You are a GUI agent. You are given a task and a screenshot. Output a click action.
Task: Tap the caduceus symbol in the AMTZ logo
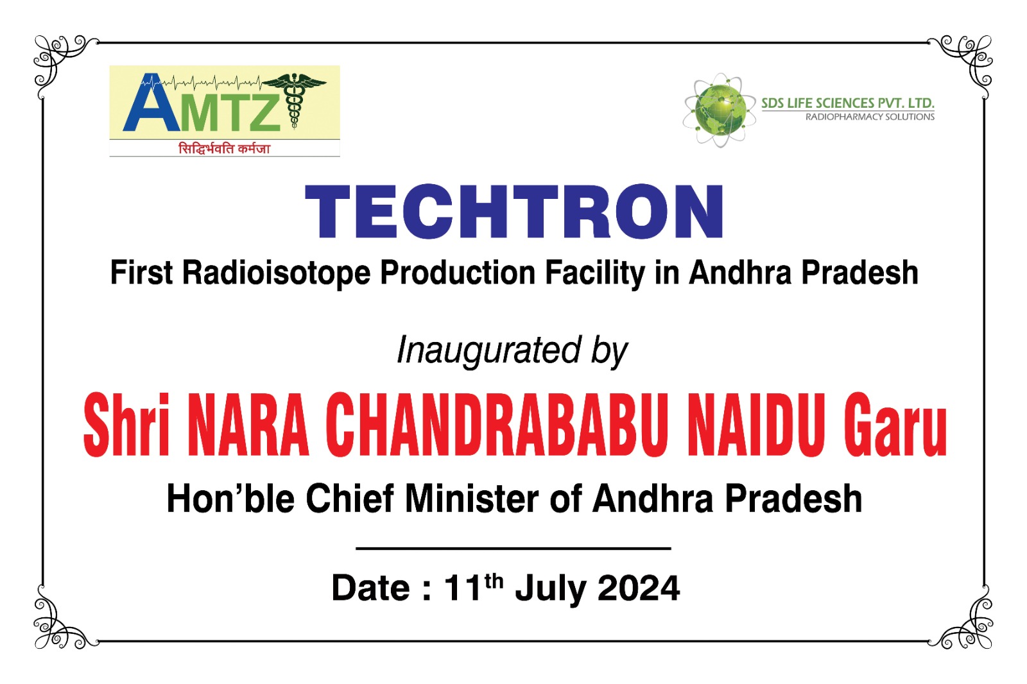click(293, 99)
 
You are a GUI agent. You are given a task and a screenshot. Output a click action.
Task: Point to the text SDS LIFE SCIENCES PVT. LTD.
click(848, 103)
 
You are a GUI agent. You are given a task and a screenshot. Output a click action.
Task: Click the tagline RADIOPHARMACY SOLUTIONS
click(870, 117)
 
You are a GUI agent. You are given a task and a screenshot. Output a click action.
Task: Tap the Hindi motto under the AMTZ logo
click(224, 148)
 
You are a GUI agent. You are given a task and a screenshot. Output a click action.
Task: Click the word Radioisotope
click(276, 273)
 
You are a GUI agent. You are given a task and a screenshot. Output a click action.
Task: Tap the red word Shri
click(126, 425)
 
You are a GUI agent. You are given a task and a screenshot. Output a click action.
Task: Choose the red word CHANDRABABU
click(497, 425)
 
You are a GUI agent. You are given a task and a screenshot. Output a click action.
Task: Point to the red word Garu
click(895, 425)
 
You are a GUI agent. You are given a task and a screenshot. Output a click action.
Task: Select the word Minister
click(472, 499)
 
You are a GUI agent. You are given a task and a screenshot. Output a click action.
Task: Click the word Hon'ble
click(230, 499)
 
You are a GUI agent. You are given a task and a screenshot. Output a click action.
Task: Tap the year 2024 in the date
click(639, 588)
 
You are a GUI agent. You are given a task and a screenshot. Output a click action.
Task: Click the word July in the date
click(551, 590)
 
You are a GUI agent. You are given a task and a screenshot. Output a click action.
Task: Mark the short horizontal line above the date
click(513, 549)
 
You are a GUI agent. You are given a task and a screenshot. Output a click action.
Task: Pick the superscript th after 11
click(494, 581)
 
